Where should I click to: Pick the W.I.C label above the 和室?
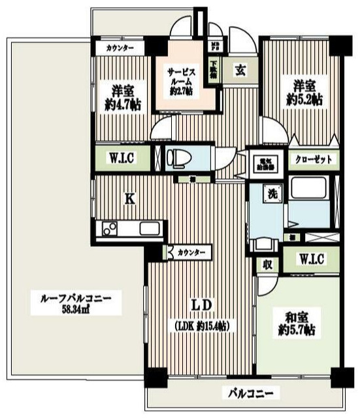(x=308, y=259)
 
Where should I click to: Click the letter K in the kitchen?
(x=130, y=201)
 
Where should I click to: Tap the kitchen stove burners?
(x=108, y=229)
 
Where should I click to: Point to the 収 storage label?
(x=267, y=264)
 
